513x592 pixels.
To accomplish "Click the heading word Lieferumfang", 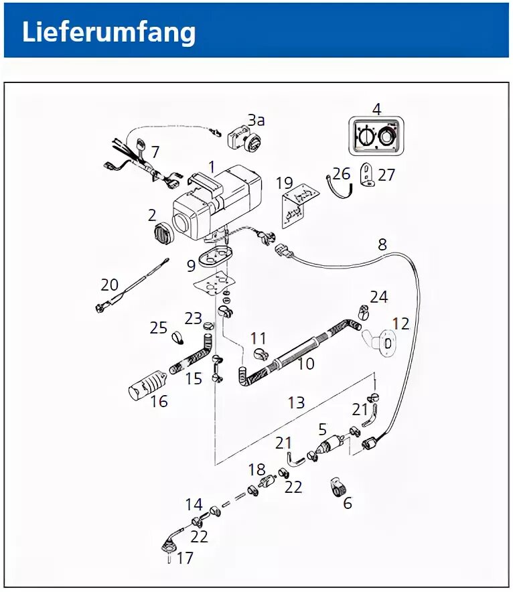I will [x=109, y=32].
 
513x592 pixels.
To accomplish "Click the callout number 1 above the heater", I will [x=212, y=166].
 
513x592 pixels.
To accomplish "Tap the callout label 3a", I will [x=256, y=121].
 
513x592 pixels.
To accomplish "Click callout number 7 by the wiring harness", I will [x=155, y=152].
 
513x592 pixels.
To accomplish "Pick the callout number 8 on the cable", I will [x=382, y=244].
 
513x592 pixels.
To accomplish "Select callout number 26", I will [x=342, y=174].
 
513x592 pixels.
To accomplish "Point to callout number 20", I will [x=109, y=285].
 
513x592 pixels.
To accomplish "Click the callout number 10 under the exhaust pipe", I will [x=306, y=364].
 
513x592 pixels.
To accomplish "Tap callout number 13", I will [x=296, y=402].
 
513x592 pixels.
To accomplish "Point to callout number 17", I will [x=185, y=557].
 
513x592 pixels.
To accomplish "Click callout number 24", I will [x=379, y=297].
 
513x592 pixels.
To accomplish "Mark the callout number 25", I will [x=159, y=328].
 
